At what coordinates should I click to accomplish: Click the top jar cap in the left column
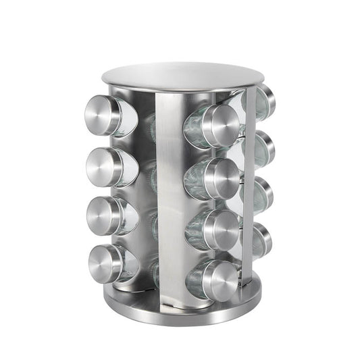[x=103, y=115]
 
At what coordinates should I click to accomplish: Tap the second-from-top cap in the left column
[x=103, y=166]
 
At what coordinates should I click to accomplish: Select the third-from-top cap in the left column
[x=103, y=215]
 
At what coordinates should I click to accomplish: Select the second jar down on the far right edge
[x=265, y=148]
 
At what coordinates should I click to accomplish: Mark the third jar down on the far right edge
[x=264, y=195]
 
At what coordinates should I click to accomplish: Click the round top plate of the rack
[x=181, y=76]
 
